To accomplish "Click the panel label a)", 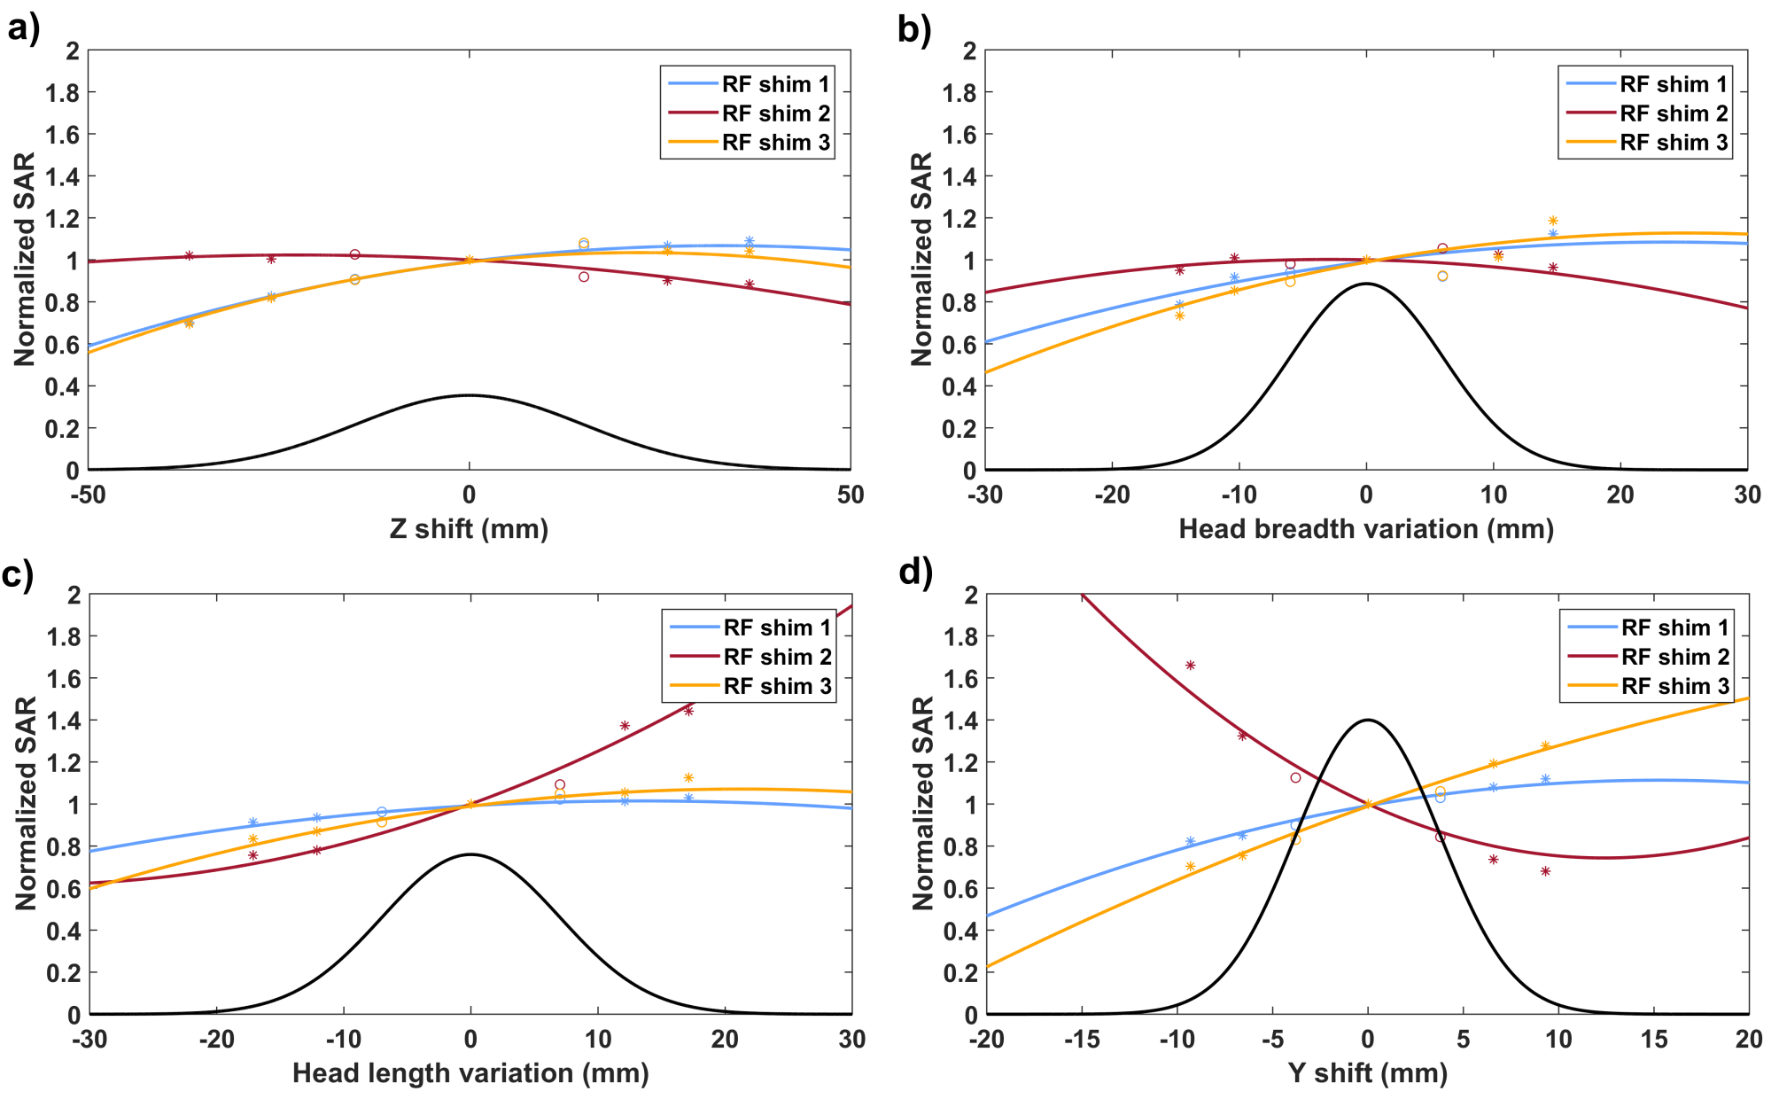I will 24,29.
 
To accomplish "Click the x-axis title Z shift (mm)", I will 469,529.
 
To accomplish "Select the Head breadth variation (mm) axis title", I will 1365,529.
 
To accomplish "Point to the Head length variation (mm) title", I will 470,1073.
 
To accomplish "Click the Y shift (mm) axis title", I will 1367,1073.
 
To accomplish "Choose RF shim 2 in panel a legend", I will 776,113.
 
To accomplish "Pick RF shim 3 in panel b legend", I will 1674,143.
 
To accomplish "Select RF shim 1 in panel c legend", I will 777,627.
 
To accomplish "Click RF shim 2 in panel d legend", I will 1674,657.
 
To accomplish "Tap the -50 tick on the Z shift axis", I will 89,495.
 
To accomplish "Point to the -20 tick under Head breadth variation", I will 1112,495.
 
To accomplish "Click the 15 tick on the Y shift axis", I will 1653,1039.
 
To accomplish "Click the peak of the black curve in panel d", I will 1367,720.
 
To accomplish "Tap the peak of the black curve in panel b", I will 1366,284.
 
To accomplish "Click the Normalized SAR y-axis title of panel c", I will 27,803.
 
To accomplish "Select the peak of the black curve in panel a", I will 470,395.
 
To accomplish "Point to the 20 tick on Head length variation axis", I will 725,1039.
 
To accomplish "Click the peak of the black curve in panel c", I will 470,854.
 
